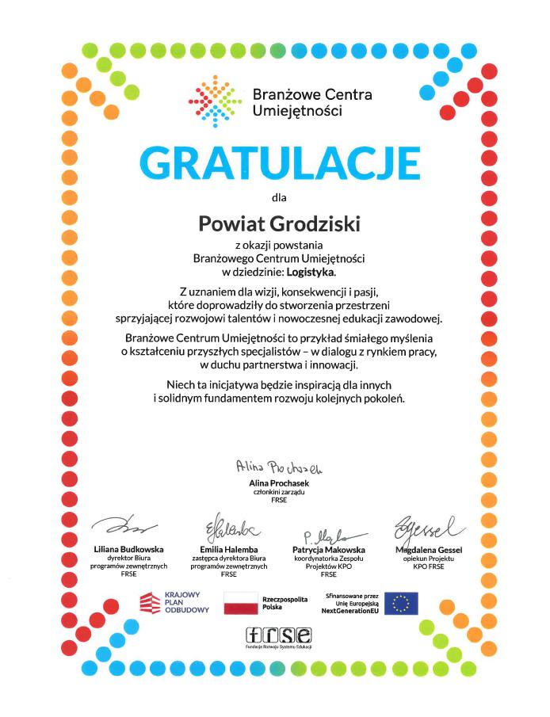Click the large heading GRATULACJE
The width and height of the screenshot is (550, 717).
(279, 162)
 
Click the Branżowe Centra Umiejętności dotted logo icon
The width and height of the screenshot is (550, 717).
(215, 101)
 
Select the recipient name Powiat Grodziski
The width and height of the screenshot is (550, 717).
(279, 224)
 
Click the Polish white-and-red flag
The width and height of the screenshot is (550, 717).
(241, 603)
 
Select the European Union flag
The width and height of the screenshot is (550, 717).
(401, 603)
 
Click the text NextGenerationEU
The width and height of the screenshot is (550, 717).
(350, 611)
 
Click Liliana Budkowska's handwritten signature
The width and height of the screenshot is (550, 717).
(125, 526)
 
